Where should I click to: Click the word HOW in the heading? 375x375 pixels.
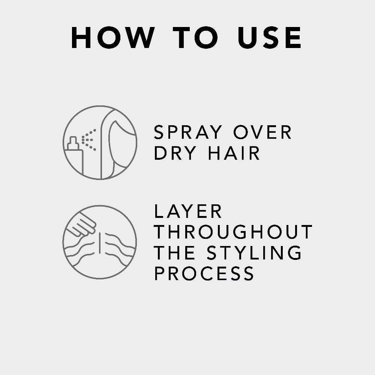tap(113, 38)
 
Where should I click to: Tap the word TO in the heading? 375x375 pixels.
tap(195, 38)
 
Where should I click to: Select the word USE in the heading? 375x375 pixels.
tap(269, 38)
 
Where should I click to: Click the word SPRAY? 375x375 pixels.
tap(188, 132)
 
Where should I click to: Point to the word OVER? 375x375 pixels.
tap(262, 132)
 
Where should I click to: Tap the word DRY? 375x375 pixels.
tap(175, 153)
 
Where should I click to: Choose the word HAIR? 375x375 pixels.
tap(234, 153)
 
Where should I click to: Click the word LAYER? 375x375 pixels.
tap(188, 211)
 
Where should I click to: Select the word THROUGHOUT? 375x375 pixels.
tap(233, 232)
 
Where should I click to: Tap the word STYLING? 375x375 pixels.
tap(254, 252)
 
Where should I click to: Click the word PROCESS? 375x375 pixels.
tap(204, 273)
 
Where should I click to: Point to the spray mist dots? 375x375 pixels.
tap(89, 140)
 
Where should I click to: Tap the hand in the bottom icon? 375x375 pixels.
tap(81, 225)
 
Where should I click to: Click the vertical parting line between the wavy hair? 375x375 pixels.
tap(99, 243)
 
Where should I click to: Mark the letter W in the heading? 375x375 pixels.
tap(138, 38)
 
